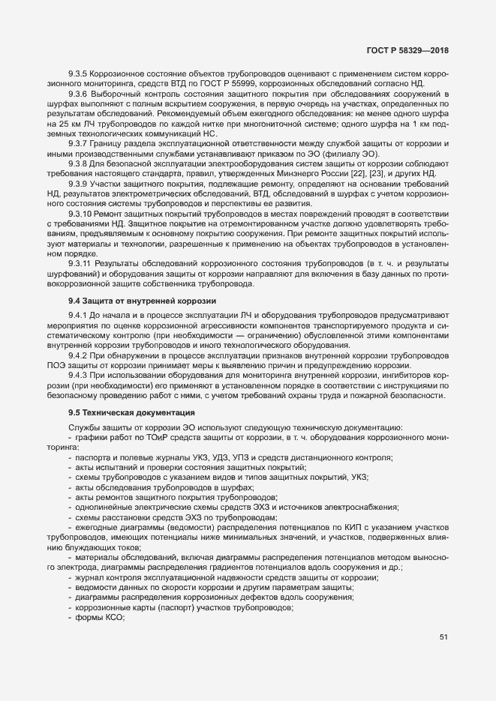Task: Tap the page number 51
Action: click(x=443, y=637)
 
